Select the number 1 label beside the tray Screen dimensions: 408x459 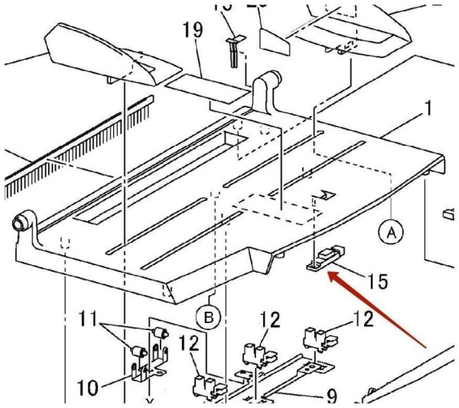(428, 108)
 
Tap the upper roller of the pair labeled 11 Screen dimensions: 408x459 (160, 333)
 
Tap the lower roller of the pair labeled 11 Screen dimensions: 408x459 (139, 351)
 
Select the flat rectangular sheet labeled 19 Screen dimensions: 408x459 (207, 85)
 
